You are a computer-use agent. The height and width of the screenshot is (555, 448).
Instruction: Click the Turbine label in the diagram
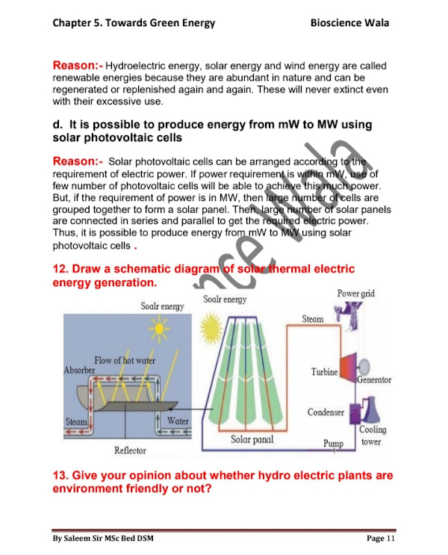tap(324, 371)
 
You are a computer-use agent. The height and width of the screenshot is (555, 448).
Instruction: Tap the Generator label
tap(373, 380)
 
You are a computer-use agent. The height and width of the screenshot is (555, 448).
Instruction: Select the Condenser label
tap(326, 412)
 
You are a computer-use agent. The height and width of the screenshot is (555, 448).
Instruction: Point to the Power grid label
tap(355, 294)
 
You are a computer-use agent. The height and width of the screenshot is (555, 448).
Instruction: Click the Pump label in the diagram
tap(333, 443)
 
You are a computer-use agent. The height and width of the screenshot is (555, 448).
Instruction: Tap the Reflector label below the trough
tap(130, 450)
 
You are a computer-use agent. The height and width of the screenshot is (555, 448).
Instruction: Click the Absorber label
tap(80, 370)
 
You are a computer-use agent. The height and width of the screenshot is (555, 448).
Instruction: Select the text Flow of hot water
tap(125, 361)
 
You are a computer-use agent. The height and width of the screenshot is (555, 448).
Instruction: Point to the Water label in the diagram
tap(178, 421)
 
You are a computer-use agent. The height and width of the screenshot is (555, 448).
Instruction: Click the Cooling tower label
tap(371, 435)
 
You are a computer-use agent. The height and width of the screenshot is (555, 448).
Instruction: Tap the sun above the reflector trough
tap(159, 327)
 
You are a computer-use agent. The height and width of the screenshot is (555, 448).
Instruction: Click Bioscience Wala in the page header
tap(349, 22)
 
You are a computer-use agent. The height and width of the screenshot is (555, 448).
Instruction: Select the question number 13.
tap(60, 476)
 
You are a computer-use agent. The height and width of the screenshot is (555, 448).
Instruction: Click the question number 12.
tap(60, 269)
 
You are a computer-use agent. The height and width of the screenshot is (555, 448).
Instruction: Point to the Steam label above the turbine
tap(313, 319)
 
